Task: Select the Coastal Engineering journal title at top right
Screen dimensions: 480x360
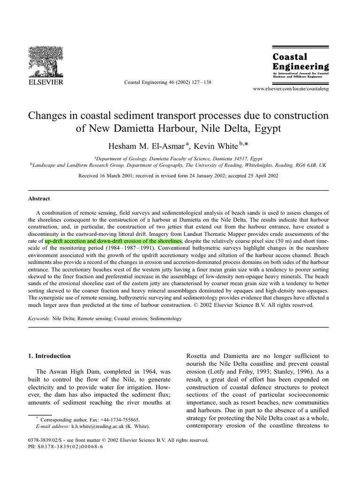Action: [x=300, y=61]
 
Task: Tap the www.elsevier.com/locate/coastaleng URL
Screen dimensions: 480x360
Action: [x=291, y=89]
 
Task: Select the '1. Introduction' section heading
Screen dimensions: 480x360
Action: [x=50, y=356]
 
